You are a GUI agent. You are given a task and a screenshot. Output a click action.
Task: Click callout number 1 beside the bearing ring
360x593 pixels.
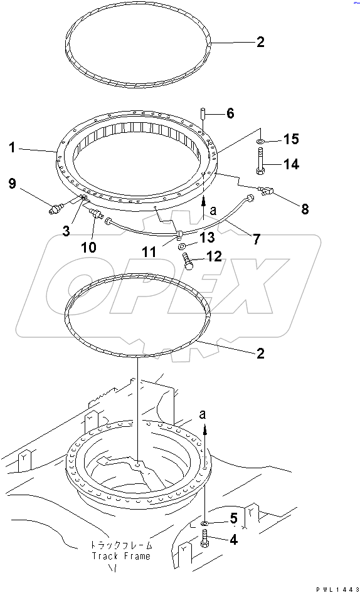[x=13, y=147]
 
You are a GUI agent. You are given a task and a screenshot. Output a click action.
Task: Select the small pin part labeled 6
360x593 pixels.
[x=203, y=113]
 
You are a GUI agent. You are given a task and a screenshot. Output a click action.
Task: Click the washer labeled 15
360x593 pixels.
[x=261, y=142]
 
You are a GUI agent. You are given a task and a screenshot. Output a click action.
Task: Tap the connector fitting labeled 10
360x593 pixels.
[x=95, y=214]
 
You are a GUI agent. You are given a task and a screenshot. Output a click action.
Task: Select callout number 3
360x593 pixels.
[x=66, y=231]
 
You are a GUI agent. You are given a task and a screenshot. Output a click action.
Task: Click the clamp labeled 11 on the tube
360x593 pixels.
[x=178, y=235]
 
